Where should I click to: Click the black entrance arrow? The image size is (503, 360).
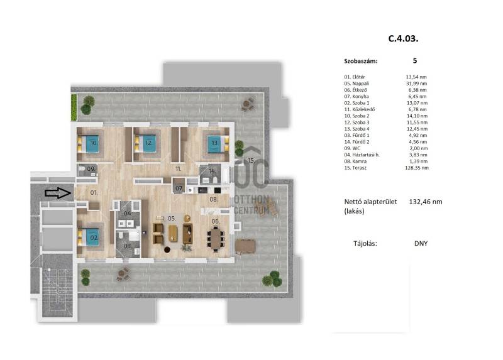coord(58,193)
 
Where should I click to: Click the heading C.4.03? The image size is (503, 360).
coord(403,38)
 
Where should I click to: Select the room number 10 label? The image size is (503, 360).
coord(94,143)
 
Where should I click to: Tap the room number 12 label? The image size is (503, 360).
coord(148,143)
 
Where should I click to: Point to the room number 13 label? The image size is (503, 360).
coord(214,143)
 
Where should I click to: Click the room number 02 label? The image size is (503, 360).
coord(94,237)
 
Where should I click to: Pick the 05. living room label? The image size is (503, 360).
coord(172,218)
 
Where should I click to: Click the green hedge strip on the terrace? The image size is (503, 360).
coord(74,107)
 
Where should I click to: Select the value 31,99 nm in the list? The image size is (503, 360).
coord(416,84)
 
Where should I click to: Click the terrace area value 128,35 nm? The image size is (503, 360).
coord(417,168)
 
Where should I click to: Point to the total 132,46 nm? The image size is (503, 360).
coord(426,202)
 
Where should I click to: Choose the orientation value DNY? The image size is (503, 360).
coord(421,243)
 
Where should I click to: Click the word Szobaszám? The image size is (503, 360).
coord(361,61)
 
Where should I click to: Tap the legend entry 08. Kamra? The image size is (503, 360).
coord(355,161)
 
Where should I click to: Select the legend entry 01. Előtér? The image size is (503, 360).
coord(355,77)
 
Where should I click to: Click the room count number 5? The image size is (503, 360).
coord(415,60)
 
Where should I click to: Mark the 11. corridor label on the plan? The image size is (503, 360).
coord(179,168)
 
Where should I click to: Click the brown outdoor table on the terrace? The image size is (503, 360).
coord(245,246)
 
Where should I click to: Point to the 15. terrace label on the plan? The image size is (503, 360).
coord(251,160)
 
